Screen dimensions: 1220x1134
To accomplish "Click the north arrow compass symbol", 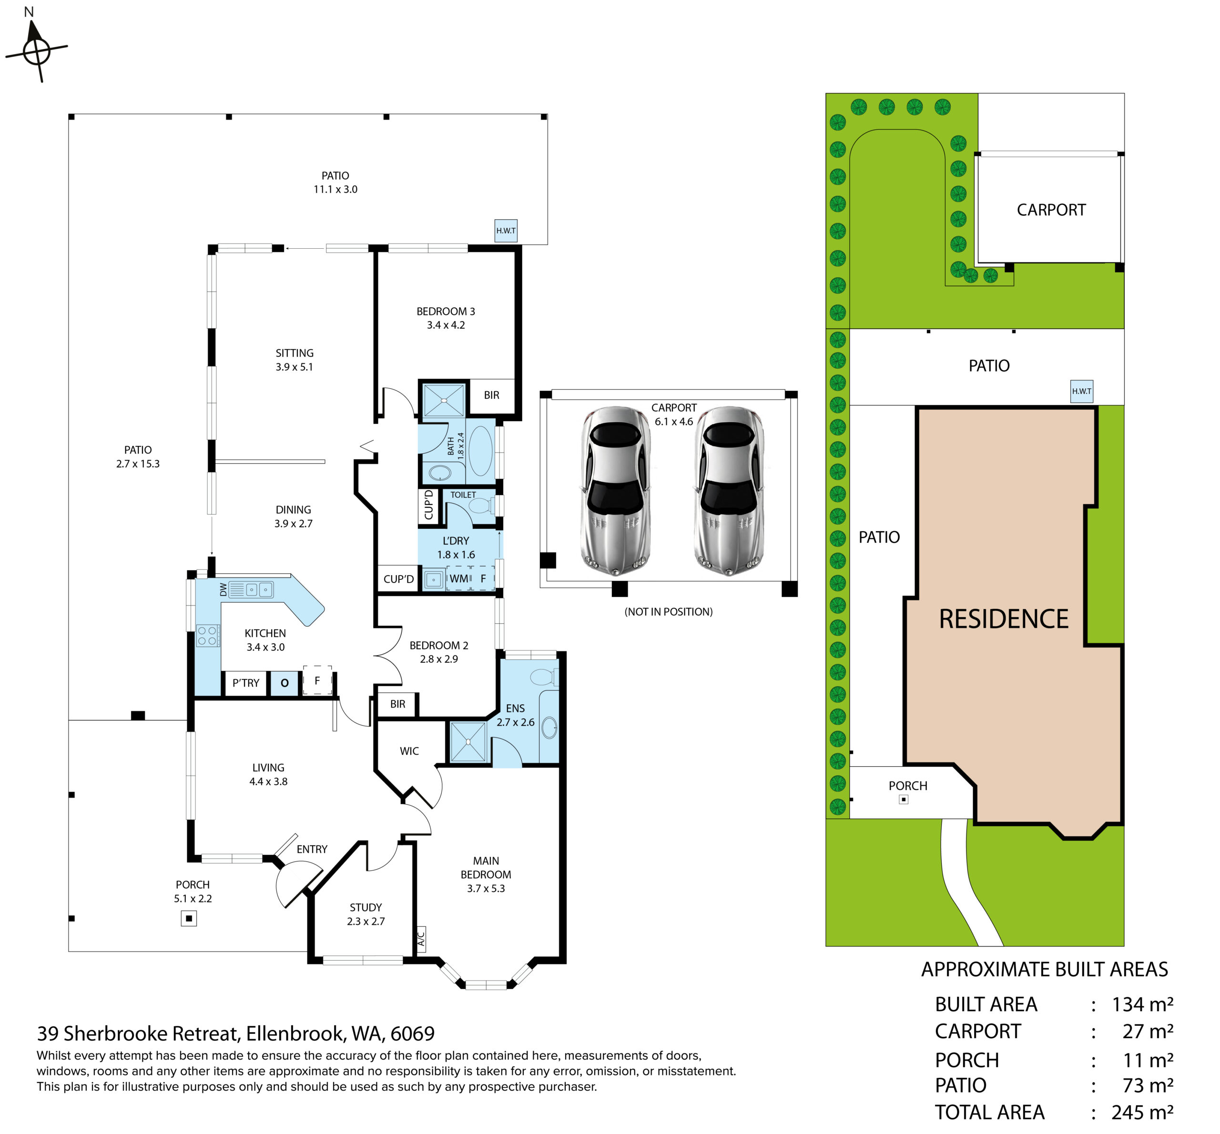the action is [x=36, y=51].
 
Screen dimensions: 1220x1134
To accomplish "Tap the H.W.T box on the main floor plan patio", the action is [x=506, y=231].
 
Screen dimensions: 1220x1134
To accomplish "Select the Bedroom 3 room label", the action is [x=446, y=311].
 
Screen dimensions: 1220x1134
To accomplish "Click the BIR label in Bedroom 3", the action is [x=491, y=395].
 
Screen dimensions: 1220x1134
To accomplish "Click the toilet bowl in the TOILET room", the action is [x=480, y=506].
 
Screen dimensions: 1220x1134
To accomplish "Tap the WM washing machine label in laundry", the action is [x=458, y=578].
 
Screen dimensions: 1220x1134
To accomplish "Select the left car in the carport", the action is [x=616, y=490].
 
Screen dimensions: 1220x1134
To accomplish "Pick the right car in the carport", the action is [x=729, y=490].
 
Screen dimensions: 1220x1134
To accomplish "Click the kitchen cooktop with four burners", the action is [x=207, y=636].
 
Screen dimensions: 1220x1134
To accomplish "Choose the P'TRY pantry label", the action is [x=245, y=683].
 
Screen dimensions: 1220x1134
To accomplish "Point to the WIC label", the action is [x=409, y=751].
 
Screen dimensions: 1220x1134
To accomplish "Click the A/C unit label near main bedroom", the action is [x=421, y=939].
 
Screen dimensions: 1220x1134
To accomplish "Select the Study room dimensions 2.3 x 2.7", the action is [x=366, y=921].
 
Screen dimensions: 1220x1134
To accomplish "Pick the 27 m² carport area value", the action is [x=1148, y=1032].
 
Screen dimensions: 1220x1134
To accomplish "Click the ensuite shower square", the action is [x=468, y=741].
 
